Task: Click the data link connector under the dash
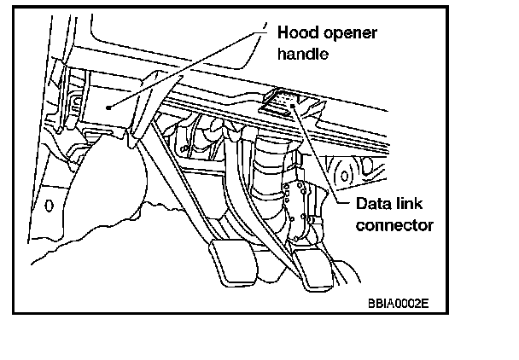coord(284,103)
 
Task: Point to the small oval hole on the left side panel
coord(49,206)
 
